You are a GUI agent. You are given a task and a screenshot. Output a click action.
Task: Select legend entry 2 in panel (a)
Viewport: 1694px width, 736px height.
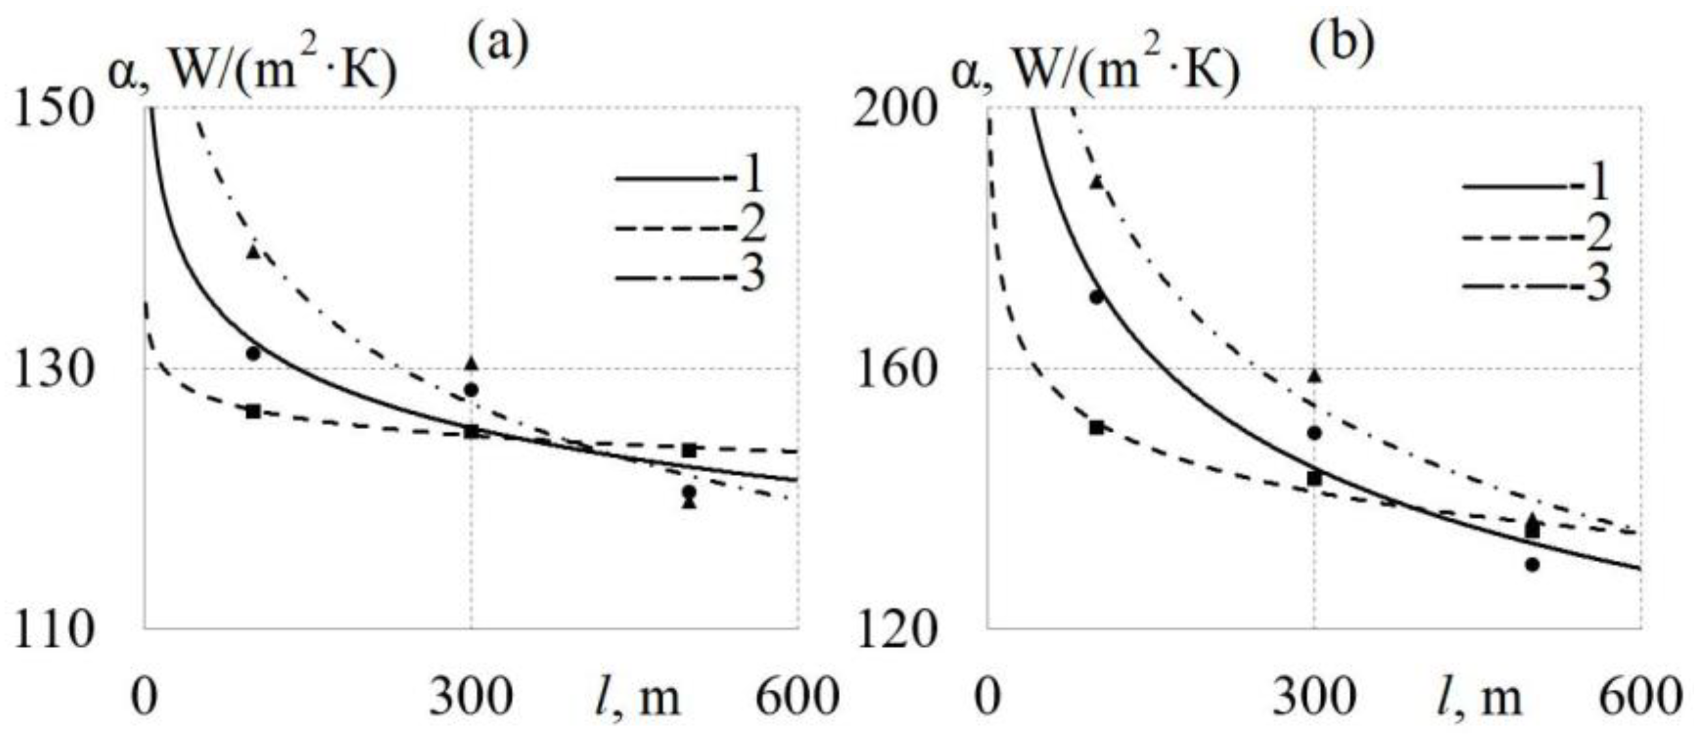pos(690,226)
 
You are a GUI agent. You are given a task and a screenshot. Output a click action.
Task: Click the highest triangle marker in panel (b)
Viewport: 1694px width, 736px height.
pos(1096,182)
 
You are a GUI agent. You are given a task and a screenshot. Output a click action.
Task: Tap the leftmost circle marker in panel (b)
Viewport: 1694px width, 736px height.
pos(1096,297)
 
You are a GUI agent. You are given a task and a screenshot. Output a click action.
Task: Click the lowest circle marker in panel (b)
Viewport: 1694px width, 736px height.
pos(1532,565)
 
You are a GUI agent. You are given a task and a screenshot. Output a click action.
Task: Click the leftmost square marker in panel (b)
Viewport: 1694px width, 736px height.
pos(1096,428)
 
